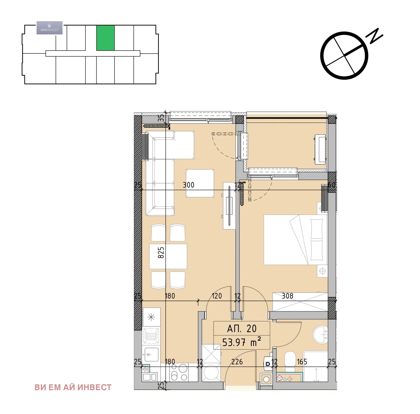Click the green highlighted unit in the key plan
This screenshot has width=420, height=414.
click(105, 38)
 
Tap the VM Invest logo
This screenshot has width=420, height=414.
click(50, 28)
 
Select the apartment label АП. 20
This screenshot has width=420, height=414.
click(242, 329)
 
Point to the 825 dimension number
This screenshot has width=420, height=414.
click(161, 252)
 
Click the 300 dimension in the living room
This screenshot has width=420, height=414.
click(189, 185)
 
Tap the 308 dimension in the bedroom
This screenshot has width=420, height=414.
click(287, 296)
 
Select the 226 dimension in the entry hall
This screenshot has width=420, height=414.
click(237, 362)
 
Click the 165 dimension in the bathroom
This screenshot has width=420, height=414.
click(302, 362)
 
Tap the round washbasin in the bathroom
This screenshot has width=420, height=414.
click(320, 334)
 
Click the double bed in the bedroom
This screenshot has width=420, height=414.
click(296, 239)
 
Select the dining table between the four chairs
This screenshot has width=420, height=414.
click(168, 256)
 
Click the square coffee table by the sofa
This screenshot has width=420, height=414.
click(200, 183)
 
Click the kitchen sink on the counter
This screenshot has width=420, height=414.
click(151, 354)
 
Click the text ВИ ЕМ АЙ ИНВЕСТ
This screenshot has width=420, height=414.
click(73, 388)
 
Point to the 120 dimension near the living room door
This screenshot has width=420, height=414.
click(217, 296)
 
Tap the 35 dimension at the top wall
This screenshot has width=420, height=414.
click(161, 118)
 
